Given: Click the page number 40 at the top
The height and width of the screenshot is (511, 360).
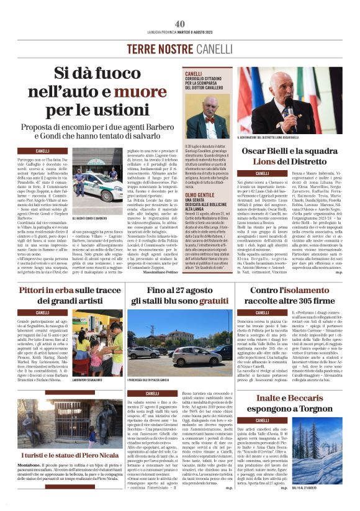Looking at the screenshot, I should pyautogui.click(x=180, y=24).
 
